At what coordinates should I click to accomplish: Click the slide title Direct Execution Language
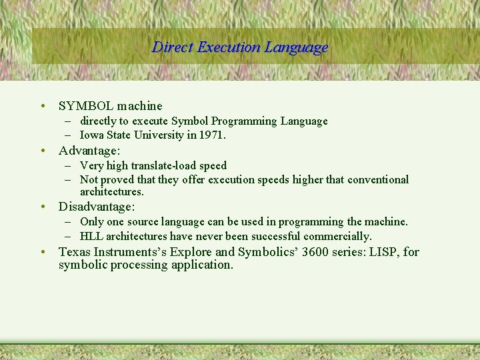click(240, 47)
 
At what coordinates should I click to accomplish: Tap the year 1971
click(211, 135)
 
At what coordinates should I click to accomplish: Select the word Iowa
click(92, 135)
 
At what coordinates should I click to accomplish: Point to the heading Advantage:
click(89, 151)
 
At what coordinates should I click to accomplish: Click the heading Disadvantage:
click(97, 207)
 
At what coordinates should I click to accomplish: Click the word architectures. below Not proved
click(111, 192)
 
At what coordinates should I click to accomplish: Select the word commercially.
click(337, 237)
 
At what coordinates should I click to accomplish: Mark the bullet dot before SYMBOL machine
click(42, 106)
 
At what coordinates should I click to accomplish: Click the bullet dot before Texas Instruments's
click(42, 252)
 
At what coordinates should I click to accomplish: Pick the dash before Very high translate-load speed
click(69, 166)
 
